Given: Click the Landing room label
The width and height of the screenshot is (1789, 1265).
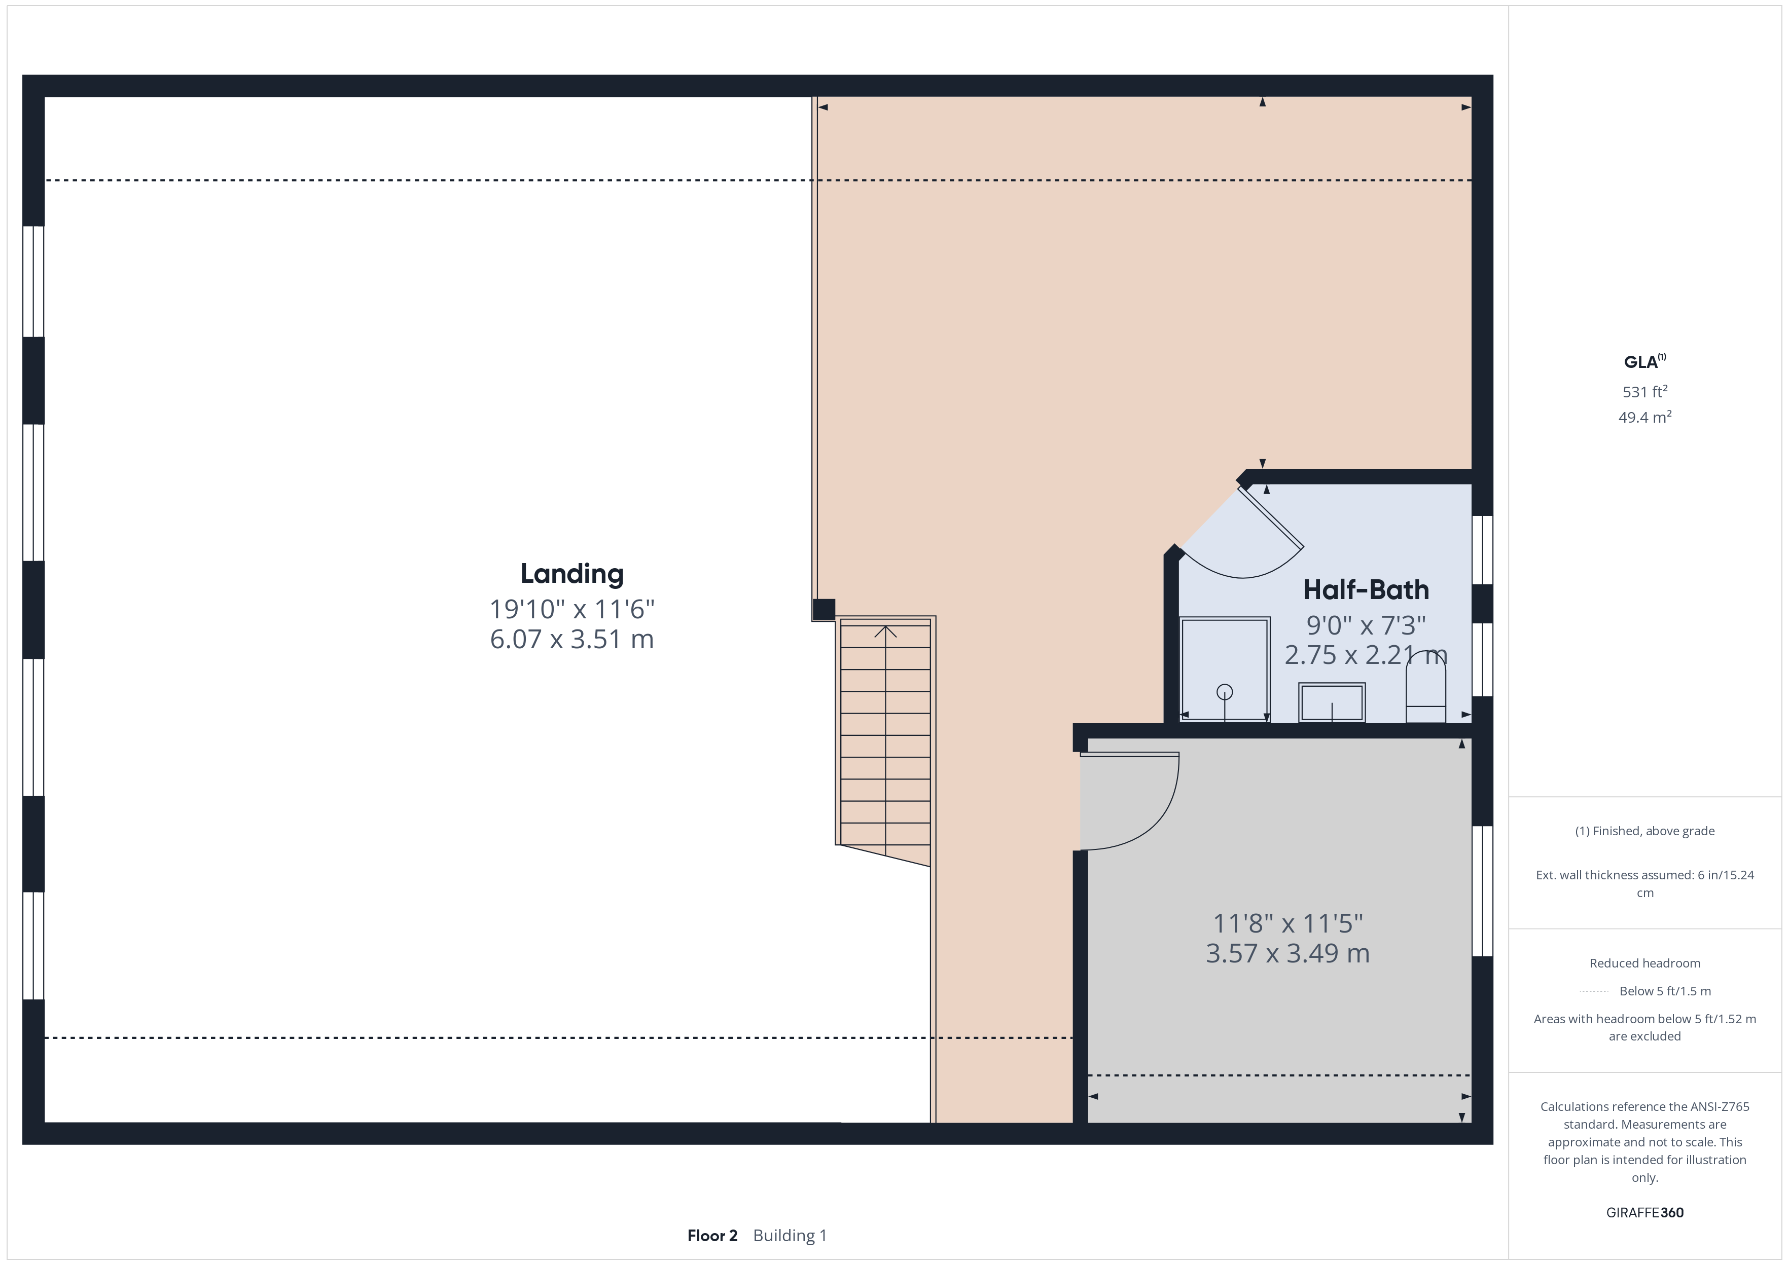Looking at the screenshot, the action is [x=572, y=574].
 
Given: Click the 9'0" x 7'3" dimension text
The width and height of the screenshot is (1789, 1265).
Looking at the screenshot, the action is [x=1366, y=625].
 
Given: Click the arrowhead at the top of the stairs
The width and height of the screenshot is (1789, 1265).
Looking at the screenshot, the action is [x=885, y=631].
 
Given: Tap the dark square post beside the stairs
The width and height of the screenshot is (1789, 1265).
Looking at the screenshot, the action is [x=824, y=609].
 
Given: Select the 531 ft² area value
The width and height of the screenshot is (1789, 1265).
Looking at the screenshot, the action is [x=1644, y=391].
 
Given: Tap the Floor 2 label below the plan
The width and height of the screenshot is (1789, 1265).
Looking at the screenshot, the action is [x=711, y=1236].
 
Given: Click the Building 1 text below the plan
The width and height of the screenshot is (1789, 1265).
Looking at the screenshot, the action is [x=790, y=1236].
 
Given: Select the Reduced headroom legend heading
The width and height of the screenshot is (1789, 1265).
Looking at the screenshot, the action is [x=1644, y=963].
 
